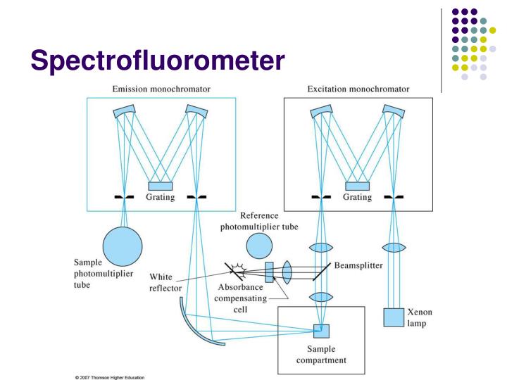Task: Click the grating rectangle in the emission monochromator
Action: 161,186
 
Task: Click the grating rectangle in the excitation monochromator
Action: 357,186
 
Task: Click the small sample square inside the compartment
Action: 320,330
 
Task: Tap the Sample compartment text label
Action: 321,356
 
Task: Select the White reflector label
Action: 165,281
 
